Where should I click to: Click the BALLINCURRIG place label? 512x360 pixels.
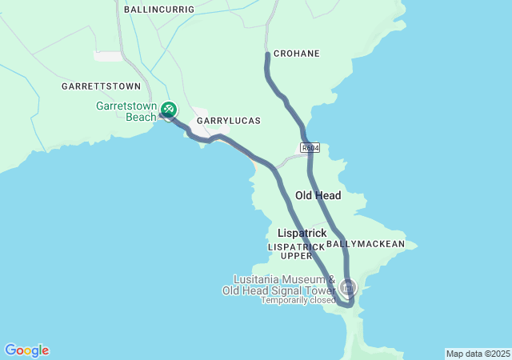tap(159, 8)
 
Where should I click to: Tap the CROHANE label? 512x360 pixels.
tap(296, 54)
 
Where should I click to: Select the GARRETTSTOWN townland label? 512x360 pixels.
tap(101, 86)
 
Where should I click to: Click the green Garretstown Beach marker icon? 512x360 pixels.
tap(169, 109)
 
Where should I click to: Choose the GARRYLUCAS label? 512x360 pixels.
tap(229, 120)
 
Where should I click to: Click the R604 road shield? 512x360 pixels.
tap(310, 148)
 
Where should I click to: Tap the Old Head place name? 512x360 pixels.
tap(318, 195)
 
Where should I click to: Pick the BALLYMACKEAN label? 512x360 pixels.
tap(366, 243)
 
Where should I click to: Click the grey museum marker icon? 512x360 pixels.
tap(348, 286)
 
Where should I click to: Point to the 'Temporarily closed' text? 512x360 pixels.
tap(298, 301)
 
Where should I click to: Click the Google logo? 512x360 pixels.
tap(26, 350)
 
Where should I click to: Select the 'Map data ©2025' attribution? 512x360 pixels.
tap(477, 354)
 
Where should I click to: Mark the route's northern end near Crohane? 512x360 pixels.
tap(267, 55)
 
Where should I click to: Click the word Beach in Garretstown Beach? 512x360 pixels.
tap(141, 117)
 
